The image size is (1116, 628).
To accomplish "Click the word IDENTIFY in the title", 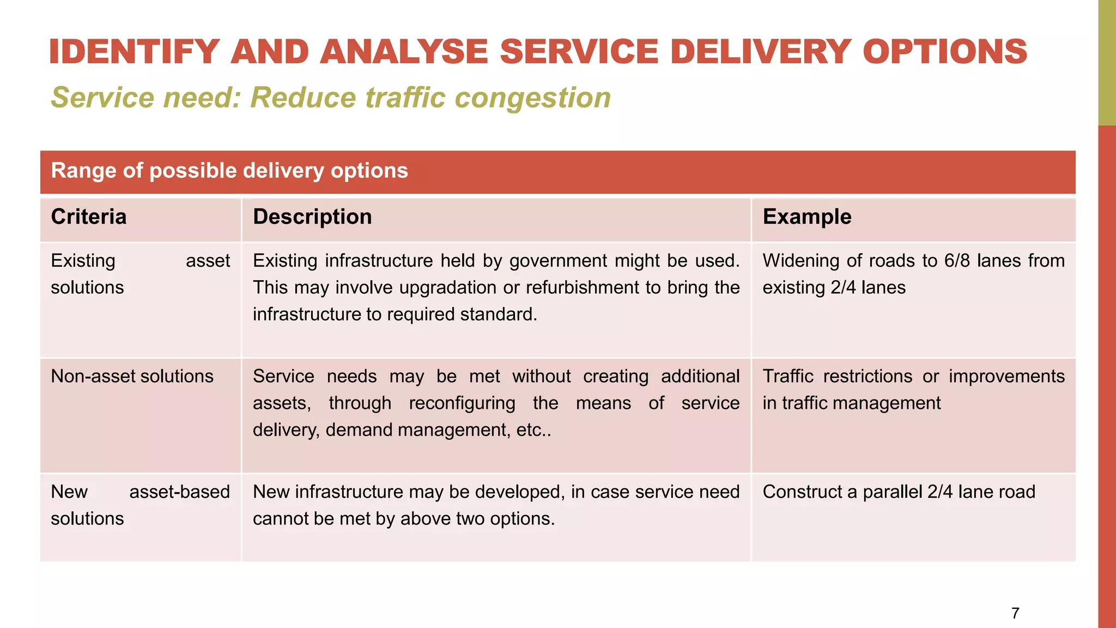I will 134,52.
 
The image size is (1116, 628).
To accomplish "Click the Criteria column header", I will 89,217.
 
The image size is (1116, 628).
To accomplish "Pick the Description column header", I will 312,217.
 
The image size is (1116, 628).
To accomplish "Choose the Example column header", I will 806,217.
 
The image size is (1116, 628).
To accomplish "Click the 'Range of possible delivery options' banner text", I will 229,171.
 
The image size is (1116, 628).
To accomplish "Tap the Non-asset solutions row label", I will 132,376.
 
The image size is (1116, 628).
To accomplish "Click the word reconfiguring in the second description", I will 462,403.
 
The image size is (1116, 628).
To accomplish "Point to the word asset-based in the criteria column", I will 179,492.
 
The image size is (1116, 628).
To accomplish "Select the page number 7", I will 1015,613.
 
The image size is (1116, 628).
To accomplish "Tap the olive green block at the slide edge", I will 1106,63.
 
